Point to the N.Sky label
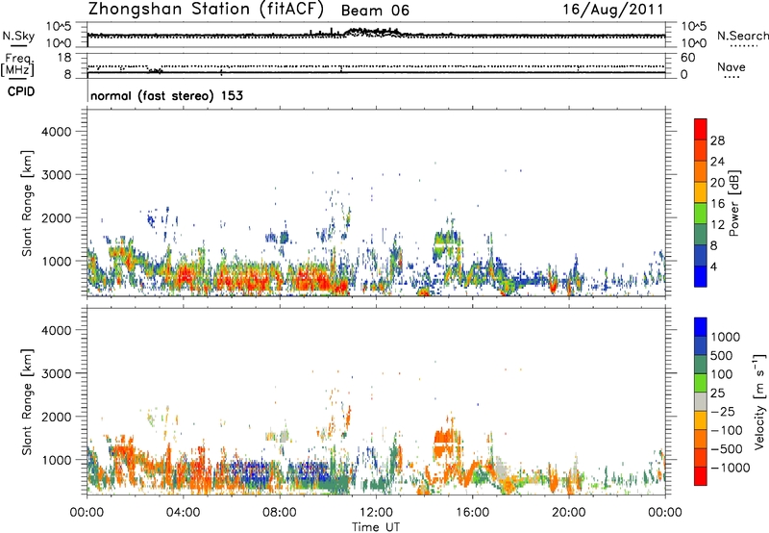tap(14, 36)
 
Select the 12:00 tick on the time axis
tap(376, 510)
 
